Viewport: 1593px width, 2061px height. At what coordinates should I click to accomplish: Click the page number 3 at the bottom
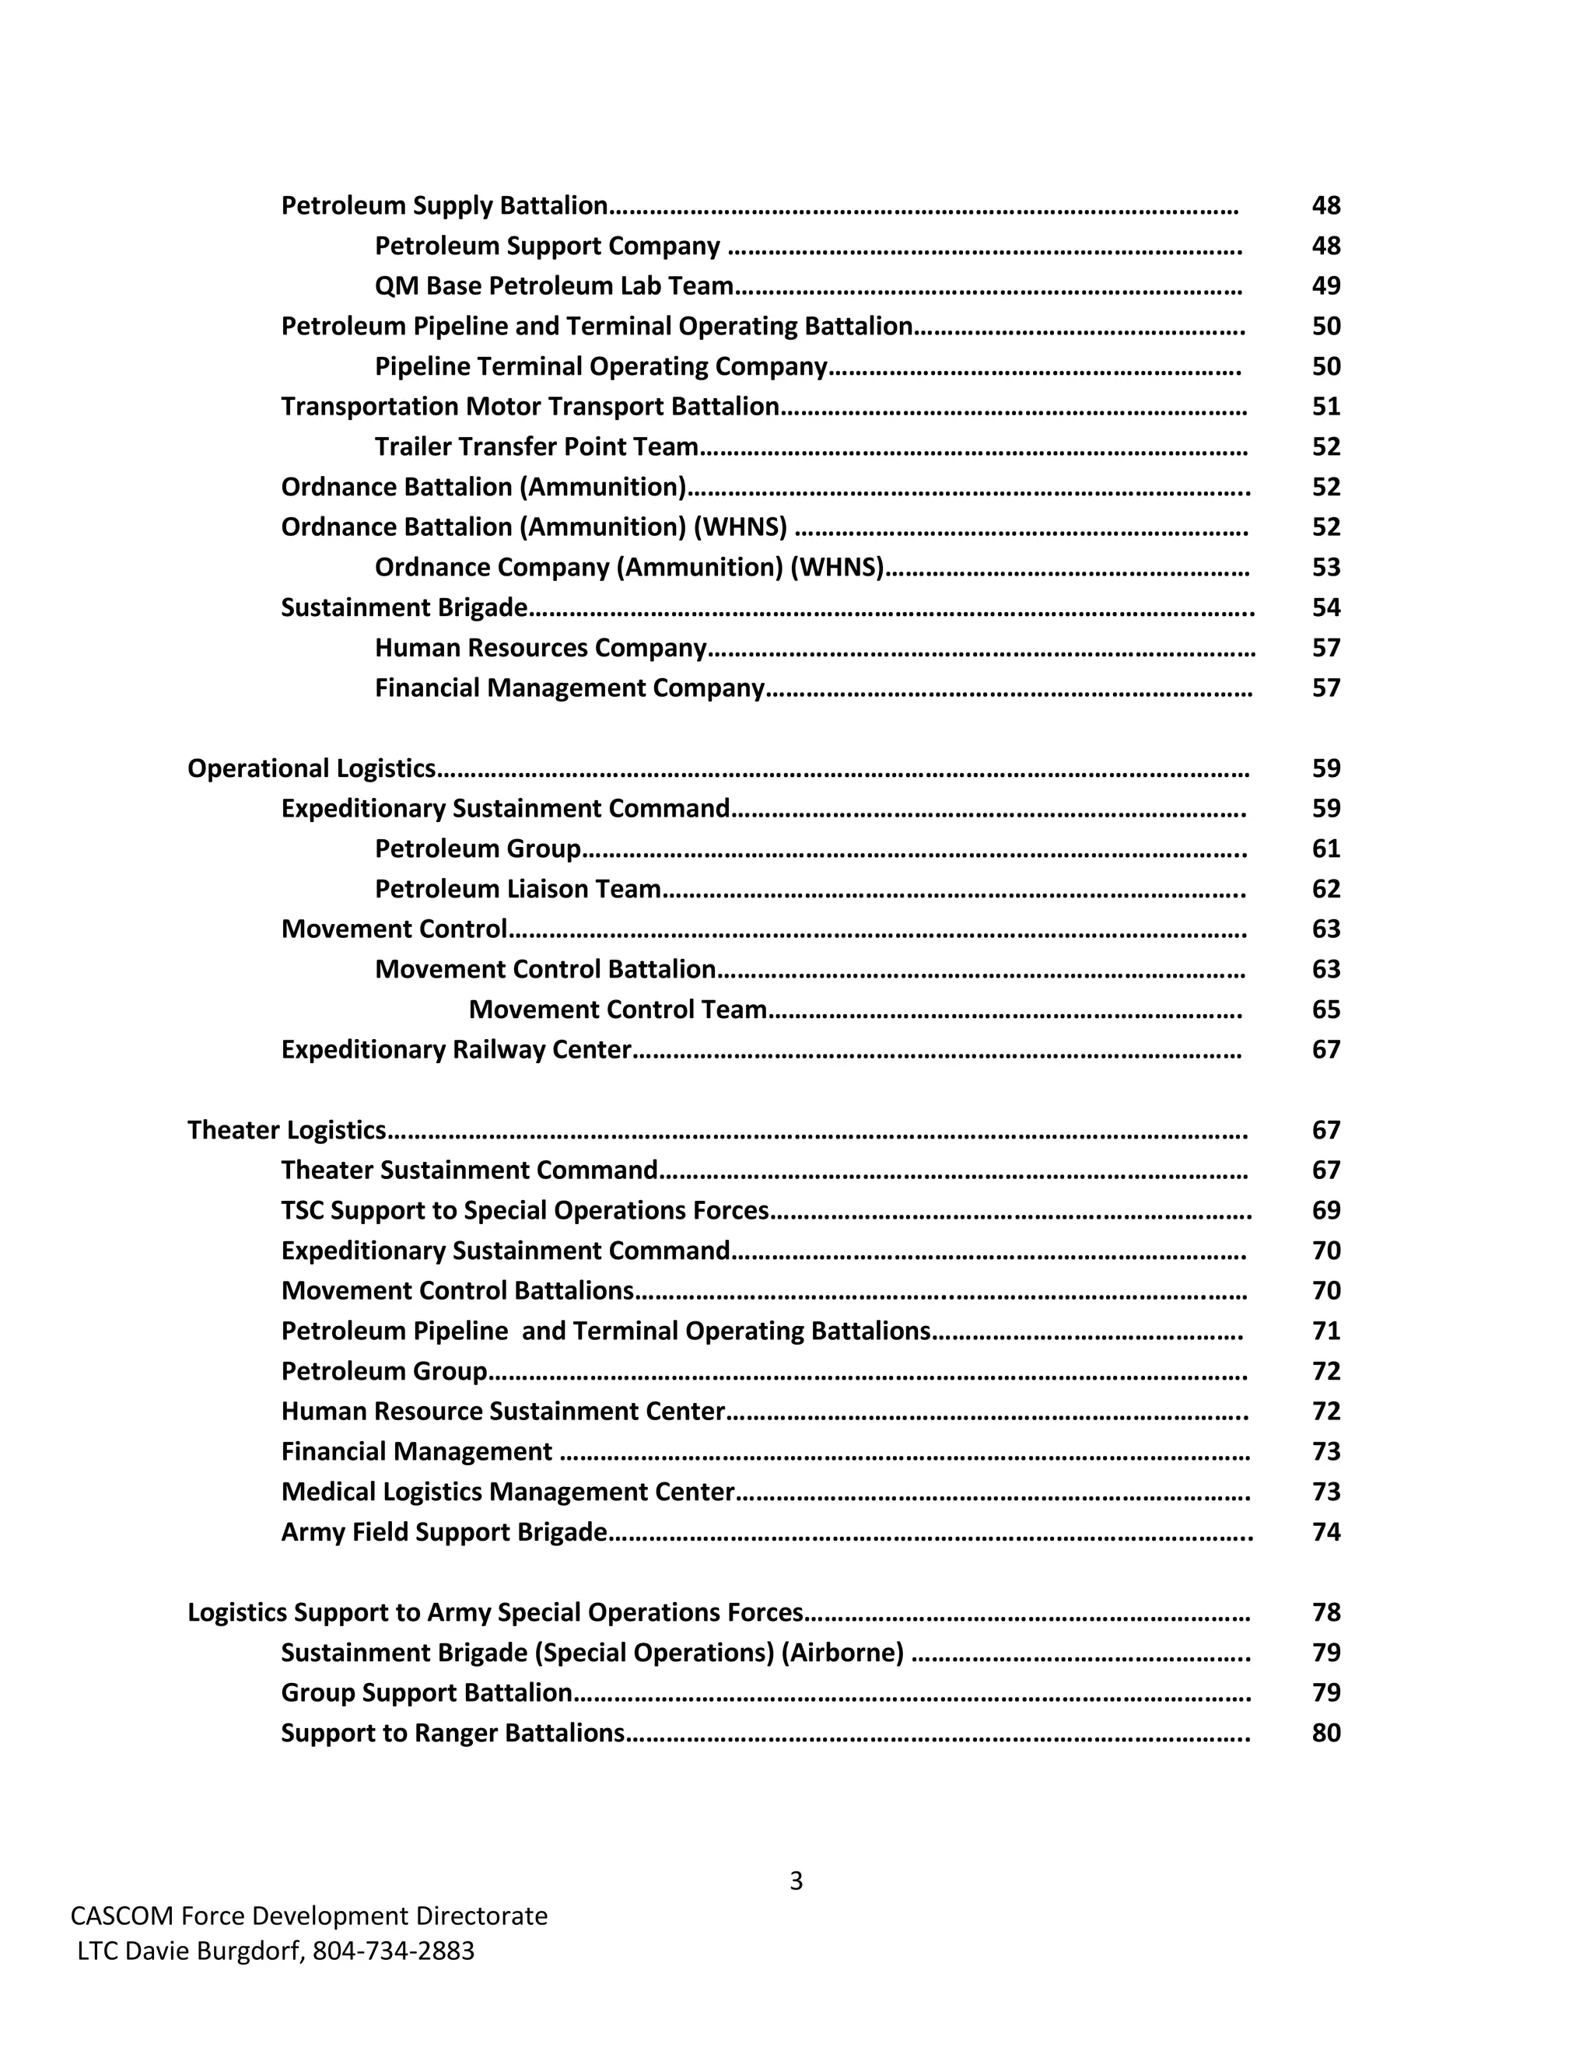click(x=796, y=1881)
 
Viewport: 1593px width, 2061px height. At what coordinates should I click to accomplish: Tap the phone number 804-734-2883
click(x=394, y=1951)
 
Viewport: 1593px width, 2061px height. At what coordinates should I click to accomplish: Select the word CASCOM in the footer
click(x=122, y=1916)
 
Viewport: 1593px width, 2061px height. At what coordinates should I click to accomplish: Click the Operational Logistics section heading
click(x=311, y=768)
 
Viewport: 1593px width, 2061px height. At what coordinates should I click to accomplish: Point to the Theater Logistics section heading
click(x=286, y=1129)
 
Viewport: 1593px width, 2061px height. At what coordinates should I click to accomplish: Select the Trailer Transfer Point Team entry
click(x=536, y=446)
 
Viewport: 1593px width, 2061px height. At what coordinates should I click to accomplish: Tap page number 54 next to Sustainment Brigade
click(x=1325, y=607)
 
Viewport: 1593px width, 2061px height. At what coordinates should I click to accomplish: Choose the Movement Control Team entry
click(x=617, y=1010)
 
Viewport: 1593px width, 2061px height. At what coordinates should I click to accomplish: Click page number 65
click(x=1325, y=1010)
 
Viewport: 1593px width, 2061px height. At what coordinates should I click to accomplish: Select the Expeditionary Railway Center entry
click(x=456, y=1050)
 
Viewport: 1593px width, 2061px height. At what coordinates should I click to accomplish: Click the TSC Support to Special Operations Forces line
click(x=525, y=1211)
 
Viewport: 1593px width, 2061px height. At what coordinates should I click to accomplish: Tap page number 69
click(x=1325, y=1211)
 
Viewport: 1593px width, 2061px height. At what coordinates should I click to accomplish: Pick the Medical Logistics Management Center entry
click(x=507, y=1492)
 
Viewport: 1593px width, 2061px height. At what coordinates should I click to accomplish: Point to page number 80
click(x=1325, y=1734)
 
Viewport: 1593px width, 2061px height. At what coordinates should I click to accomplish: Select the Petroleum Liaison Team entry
click(x=517, y=889)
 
